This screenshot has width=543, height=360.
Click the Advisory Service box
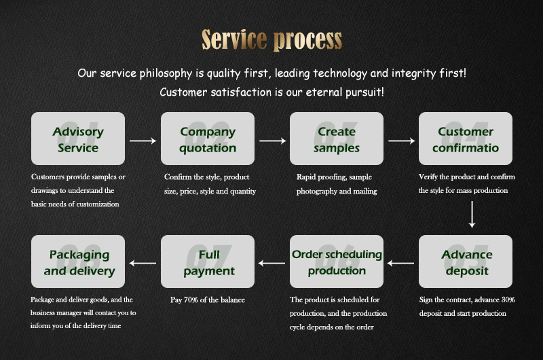click(78, 139)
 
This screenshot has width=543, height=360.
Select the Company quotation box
click(208, 139)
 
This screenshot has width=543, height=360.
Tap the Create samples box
click(337, 139)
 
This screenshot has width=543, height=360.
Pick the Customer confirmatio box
click(466, 139)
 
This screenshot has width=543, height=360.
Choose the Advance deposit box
click(466, 262)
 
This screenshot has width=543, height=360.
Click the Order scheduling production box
click(337, 262)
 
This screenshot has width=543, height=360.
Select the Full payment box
click(208, 262)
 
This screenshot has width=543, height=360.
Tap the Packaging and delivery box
click(78, 262)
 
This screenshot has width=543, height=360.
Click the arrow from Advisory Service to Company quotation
click(143, 141)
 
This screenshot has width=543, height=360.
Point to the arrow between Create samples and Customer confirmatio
click(402, 141)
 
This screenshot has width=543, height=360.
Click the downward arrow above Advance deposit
click(472, 215)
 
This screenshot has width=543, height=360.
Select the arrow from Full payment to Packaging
click(143, 264)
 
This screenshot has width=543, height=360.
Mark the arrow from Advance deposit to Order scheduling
click(400, 264)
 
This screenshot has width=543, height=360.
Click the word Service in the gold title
click(234, 39)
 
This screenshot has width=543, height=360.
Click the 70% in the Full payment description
click(191, 300)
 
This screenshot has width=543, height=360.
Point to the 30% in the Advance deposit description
click(508, 300)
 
